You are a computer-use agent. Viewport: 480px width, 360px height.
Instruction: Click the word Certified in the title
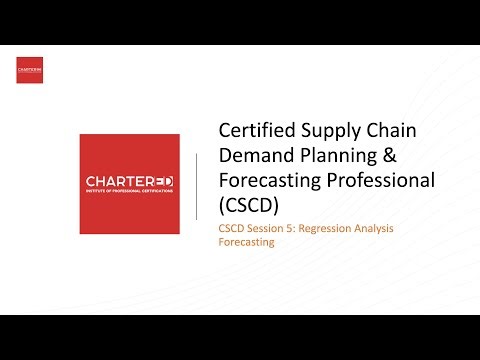click(x=254, y=132)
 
